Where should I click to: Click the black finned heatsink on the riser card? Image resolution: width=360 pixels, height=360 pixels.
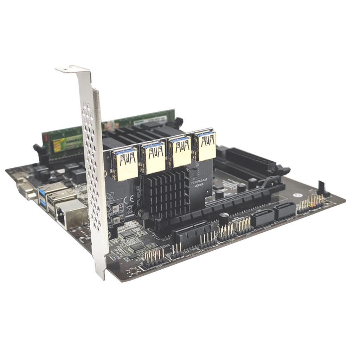(x=166, y=192)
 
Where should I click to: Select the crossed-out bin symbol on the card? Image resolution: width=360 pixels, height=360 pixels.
(x=129, y=210)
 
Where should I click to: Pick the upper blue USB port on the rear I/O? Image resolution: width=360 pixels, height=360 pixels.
(x=42, y=192)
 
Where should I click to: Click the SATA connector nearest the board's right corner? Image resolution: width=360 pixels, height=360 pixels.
(x=284, y=210)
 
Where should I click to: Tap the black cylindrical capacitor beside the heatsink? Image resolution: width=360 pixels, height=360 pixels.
(x=143, y=215)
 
